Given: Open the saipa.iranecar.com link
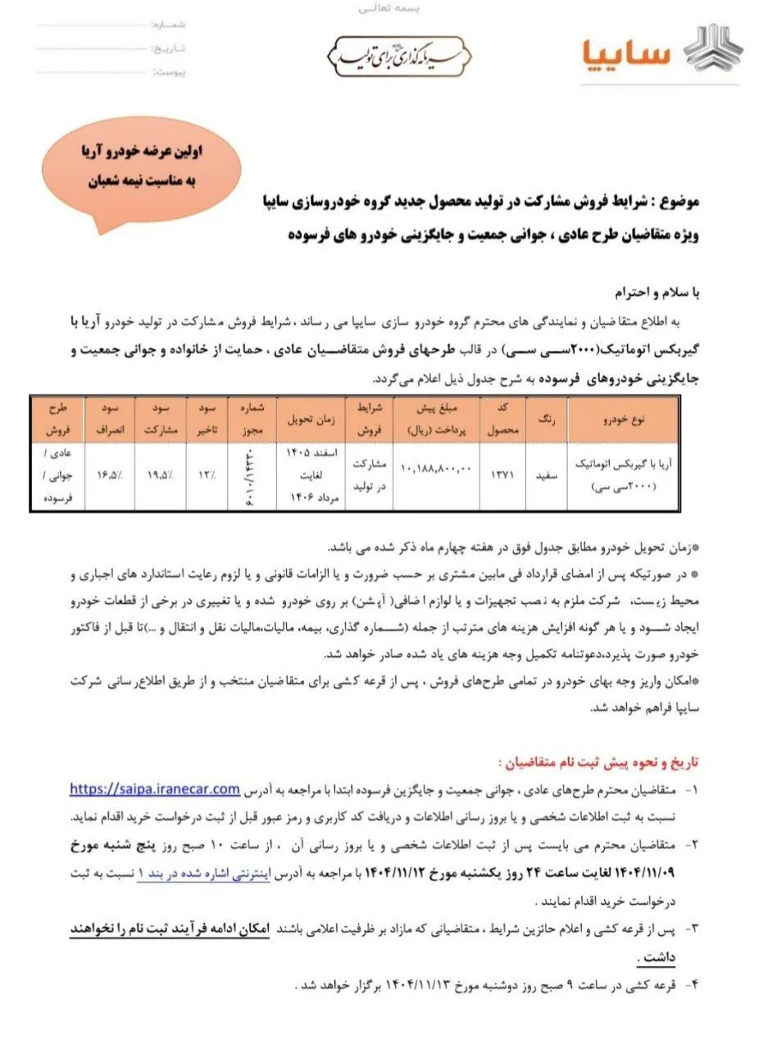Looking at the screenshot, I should [x=154, y=789].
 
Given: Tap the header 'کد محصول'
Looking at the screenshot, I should [x=502, y=420].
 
